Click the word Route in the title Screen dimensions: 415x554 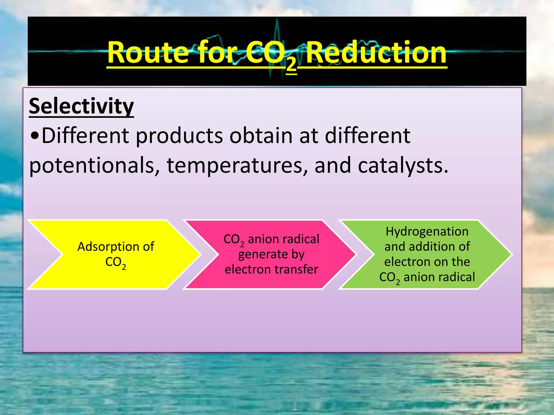click(x=147, y=53)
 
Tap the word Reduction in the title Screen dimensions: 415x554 click(x=376, y=53)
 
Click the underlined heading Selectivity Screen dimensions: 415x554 click(x=81, y=106)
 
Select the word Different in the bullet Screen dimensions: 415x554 click(x=85, y=136)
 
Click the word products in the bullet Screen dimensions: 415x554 click(x=179, y=136)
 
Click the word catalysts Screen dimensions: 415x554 click(x=403, y=165)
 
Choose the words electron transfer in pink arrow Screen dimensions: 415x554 click(x=271, y=269)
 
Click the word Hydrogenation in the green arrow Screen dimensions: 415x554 click(x=427, y=231)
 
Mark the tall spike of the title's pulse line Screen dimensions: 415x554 click(x=277, y=30)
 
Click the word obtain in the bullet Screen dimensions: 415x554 click(x=261, y=136)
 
